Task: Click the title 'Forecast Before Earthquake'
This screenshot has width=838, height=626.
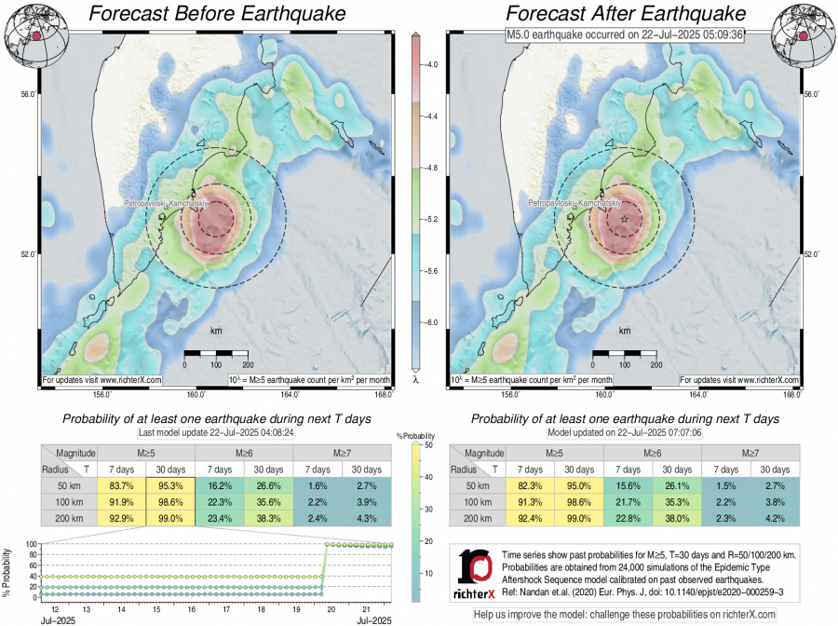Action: pos(215,14)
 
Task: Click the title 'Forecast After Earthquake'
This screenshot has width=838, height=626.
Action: pos(626,14)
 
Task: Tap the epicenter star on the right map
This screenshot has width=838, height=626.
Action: pos(624,218)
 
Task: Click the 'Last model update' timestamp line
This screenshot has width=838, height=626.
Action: pos(217,433)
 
